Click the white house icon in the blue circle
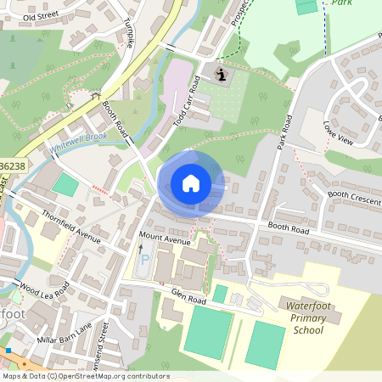click(191, 183)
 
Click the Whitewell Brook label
click(77, 142)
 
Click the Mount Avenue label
click(166, 240)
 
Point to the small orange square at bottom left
click(8, 350)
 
